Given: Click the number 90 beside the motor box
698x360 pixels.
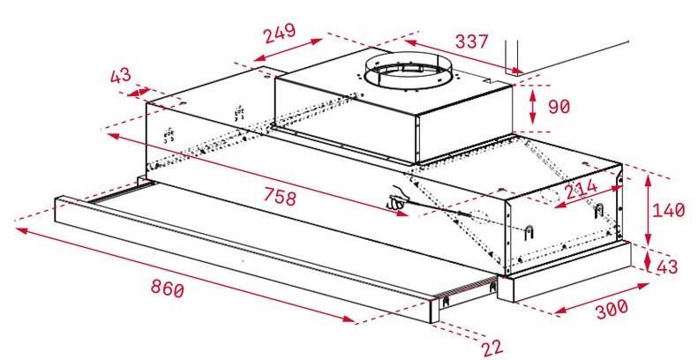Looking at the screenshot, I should click(x=559, y=107).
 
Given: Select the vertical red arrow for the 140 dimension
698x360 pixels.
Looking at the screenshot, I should click(x=650, y=210).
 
